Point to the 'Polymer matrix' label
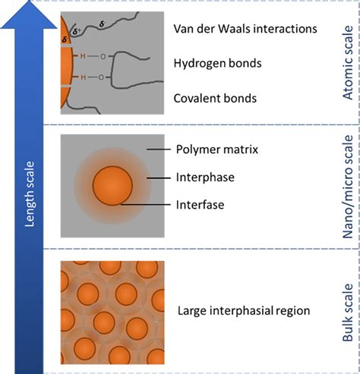pyautogui.click(x=216, y=149)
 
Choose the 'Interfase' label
pyautogui.click(x=203, y=204)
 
